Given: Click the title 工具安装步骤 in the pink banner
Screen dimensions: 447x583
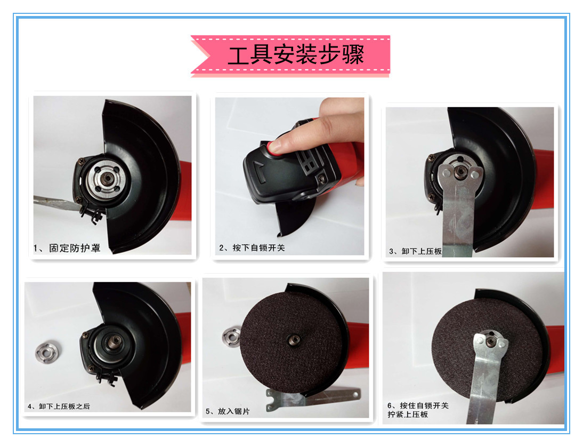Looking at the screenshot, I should tap(295, 55).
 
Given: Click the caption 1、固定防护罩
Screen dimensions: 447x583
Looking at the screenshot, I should tap(67, 248).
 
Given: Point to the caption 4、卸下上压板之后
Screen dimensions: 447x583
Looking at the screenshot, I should tap(59, 406).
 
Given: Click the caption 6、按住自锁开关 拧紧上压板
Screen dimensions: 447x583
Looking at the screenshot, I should tap(418, 410).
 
